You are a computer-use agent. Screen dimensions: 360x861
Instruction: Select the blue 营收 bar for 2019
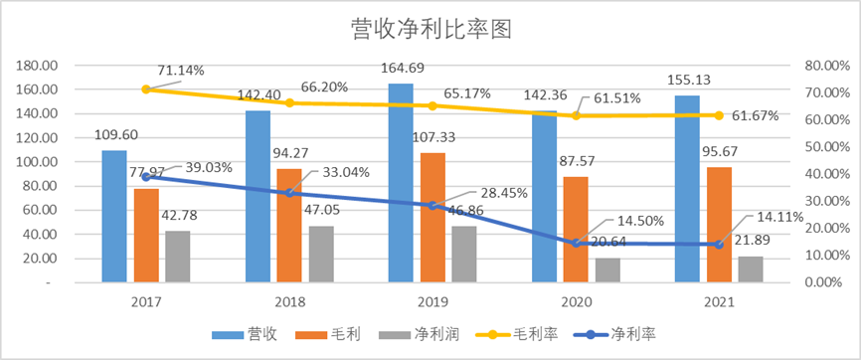coord(401,183)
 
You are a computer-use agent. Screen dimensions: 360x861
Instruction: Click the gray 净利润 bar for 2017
coord(177,257)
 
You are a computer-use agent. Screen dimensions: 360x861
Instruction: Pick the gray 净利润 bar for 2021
coord(750,270)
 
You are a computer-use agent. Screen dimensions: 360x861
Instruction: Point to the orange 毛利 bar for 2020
coord(576,230)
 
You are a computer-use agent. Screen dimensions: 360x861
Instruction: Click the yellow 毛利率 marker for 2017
coord(146,90)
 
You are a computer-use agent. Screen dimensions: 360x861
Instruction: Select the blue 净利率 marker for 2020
coord(576,244)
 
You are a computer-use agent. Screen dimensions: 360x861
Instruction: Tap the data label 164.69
coord(401,69)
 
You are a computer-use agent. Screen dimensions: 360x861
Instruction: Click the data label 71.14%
coord(181,70)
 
